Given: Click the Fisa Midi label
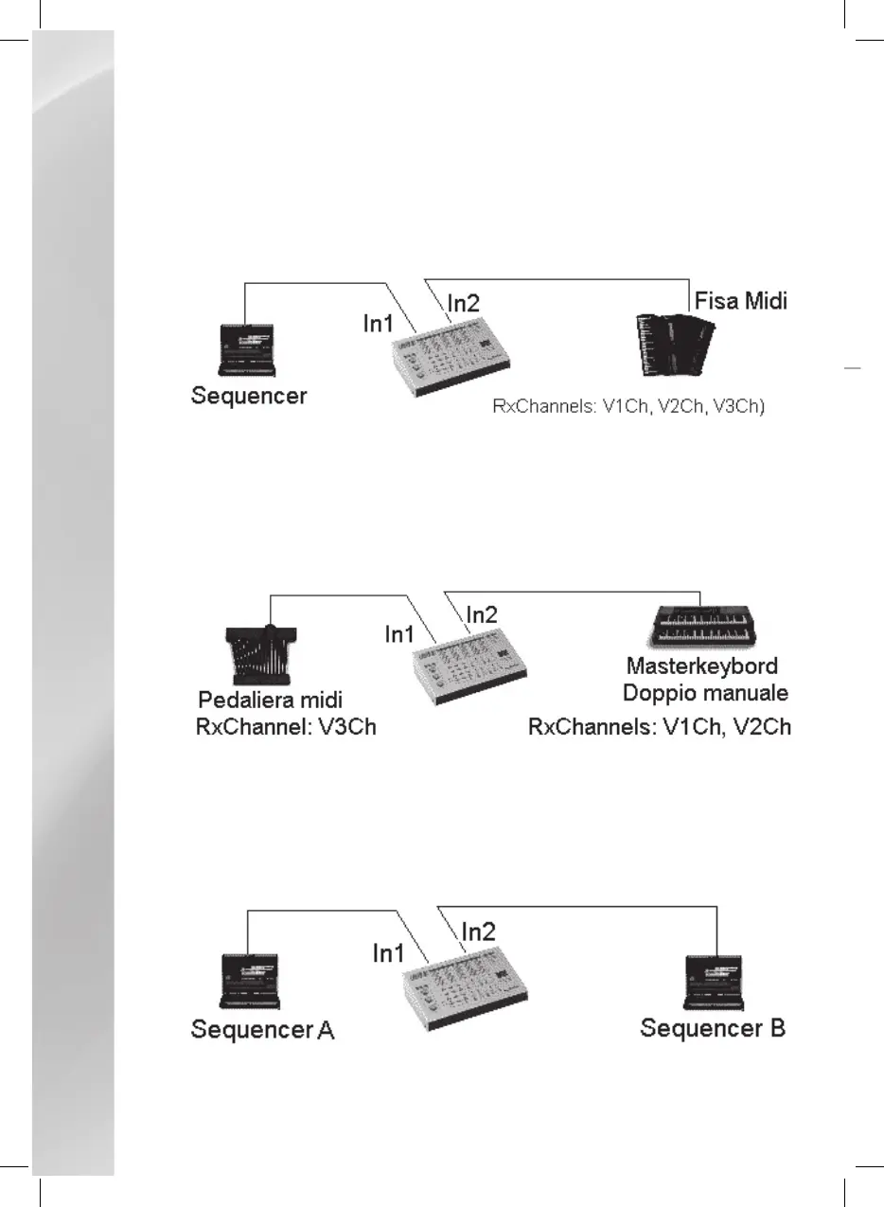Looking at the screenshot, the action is click(x=740, y=302).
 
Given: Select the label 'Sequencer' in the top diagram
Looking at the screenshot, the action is click(x=249, y=395).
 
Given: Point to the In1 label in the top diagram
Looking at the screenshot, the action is click(x=380, y=323).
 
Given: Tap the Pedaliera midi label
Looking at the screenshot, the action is click(x=270, y=701).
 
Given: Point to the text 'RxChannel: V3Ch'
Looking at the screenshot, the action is click(x=286, y=727).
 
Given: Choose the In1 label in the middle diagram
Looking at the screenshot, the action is click(x=400, y=634).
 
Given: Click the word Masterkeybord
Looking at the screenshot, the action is click(x=706, y=666).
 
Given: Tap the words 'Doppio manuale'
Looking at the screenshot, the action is click(x=705, y=693).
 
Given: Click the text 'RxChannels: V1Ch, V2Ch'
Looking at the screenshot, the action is click(x=659, y=727).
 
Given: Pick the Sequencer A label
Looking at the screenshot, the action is click(x=262, y=1029).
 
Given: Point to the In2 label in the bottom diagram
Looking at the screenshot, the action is click(x=478, y=931).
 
